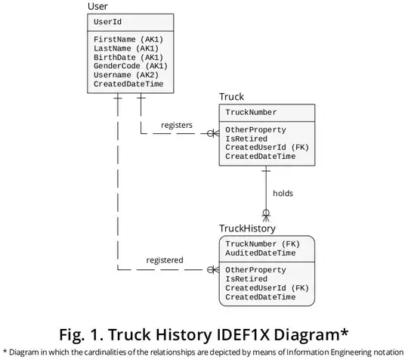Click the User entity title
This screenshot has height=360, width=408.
(x=97, y=7)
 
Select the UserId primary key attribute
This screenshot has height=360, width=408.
(x=107, y=22)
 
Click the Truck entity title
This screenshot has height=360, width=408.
(x=232, y=97)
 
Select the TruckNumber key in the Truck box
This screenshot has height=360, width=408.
(x=250, y=112)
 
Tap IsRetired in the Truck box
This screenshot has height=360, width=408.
(x=246, y=138)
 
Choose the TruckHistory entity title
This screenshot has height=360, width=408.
(x=247, y=228)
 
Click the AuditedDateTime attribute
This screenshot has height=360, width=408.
(x=260, y=253)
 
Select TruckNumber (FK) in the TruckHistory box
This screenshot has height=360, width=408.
(x=262, y=244)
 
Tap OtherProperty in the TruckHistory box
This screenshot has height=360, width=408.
(x=255, y=270)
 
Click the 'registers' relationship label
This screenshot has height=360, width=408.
(x=176, y=125)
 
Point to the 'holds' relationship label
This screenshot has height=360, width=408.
(x=283, y=193)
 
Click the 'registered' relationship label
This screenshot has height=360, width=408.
(x=164, y=260)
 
